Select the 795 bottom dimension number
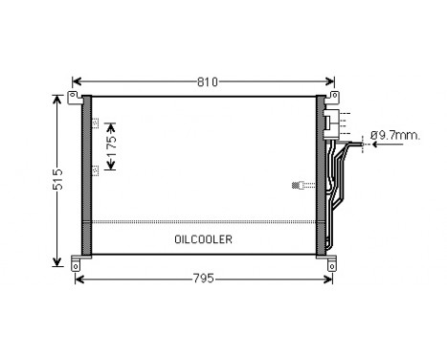click(202, 279)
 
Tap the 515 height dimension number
click(32, 179)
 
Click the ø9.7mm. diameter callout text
click(395, 136)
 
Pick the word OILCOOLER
click(203, 239)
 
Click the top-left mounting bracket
click(75, 98)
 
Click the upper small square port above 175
click(95, 124)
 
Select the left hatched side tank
click(85, 176)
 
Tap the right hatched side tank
click(320, 176)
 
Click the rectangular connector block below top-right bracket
click(330, 122)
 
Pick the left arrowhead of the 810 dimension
click(78, 80)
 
